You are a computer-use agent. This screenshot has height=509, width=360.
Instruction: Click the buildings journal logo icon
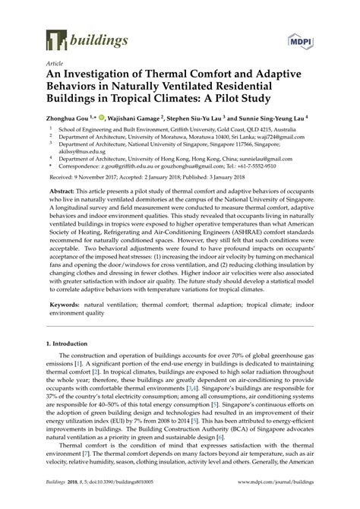[x=54, y=39]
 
